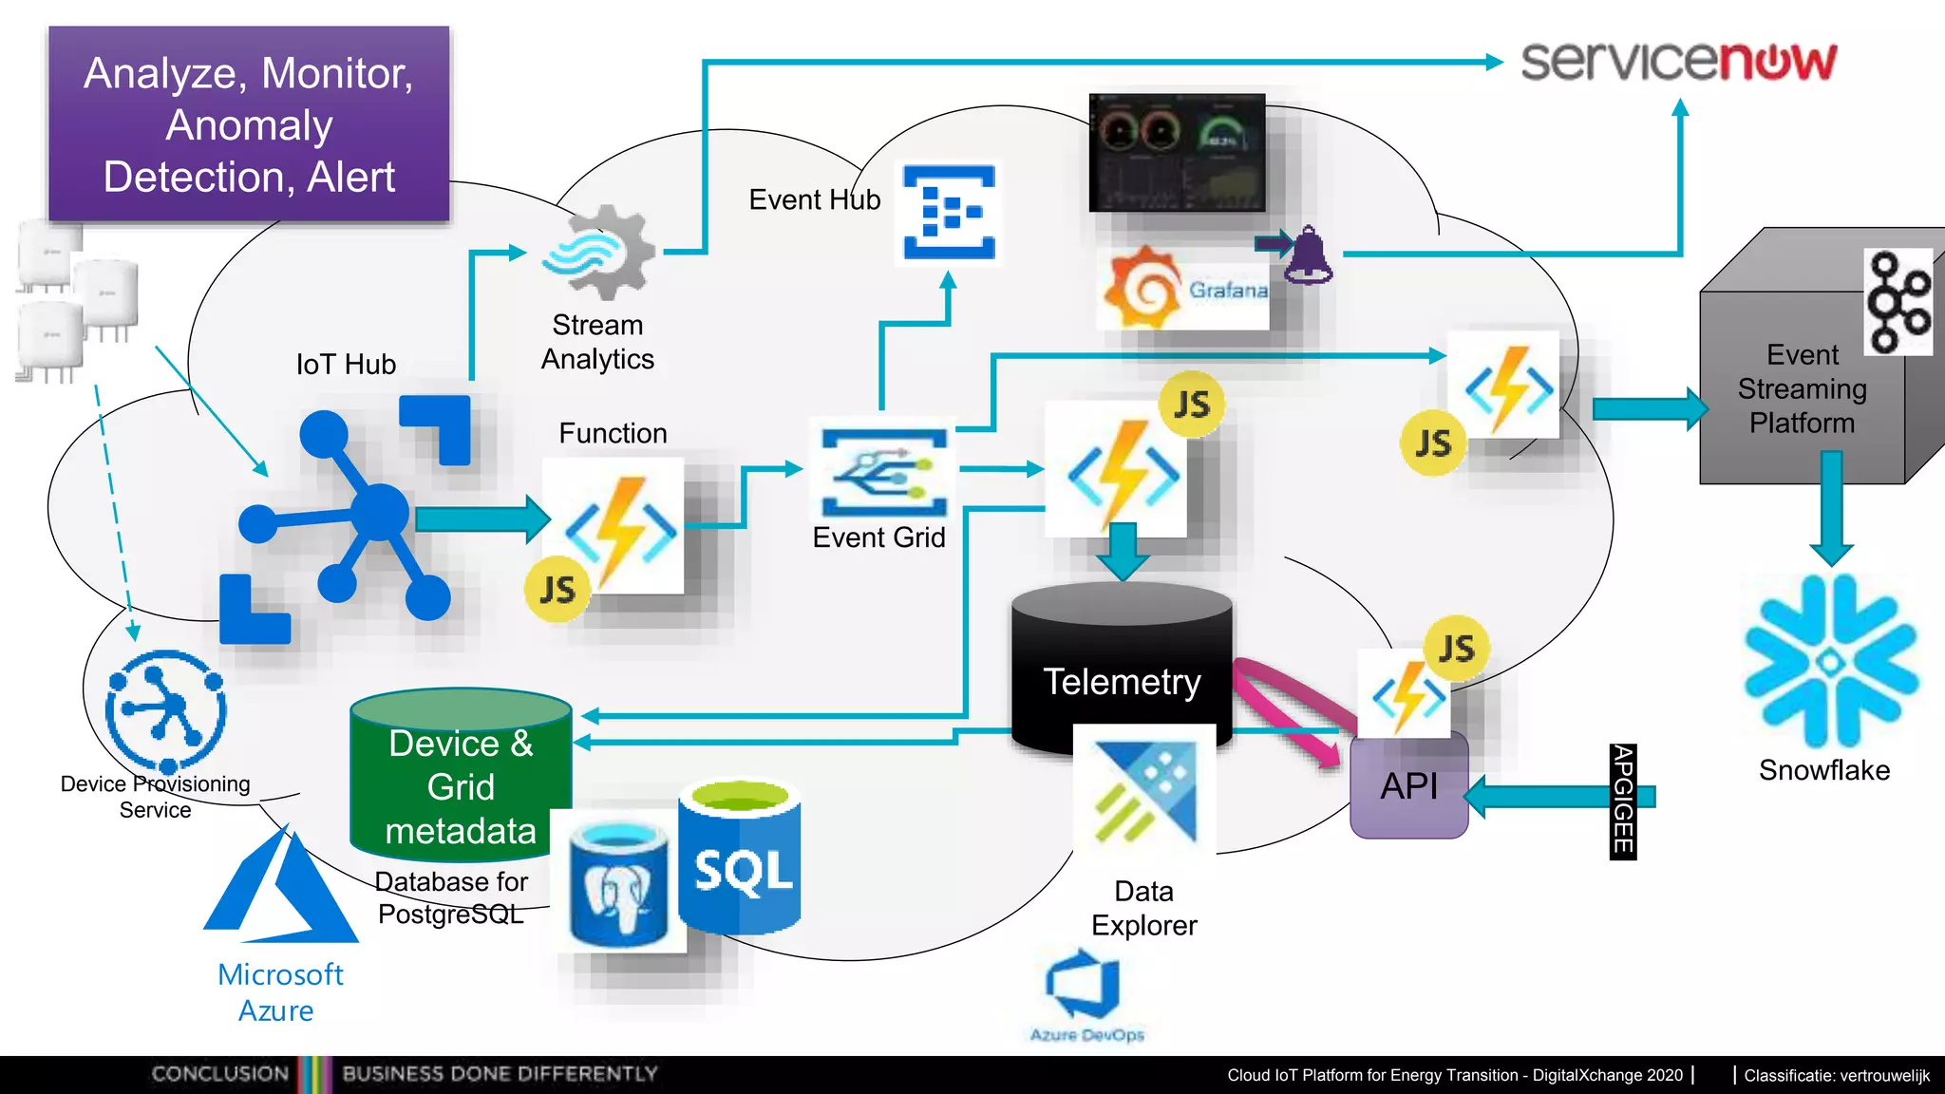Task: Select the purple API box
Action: [x=1409, y=786]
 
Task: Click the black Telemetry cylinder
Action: [x=1121, y=665]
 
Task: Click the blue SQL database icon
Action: [x=740, y=859]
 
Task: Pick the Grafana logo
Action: [x=1183, y=290]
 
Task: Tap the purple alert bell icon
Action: [x=1309, y=255]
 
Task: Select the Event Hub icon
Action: [x=949, y=212]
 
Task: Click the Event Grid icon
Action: [x=883, y=472]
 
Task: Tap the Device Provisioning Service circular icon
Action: [x=166, y=711]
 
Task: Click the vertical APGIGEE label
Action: [x=1622, y=801]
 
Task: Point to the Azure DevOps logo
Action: [x=1085, y=988]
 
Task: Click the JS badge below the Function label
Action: [x=557, y=590]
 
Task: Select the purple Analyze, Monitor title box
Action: [x=249, y=124]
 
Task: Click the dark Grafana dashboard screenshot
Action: [x=1177, y=152]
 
